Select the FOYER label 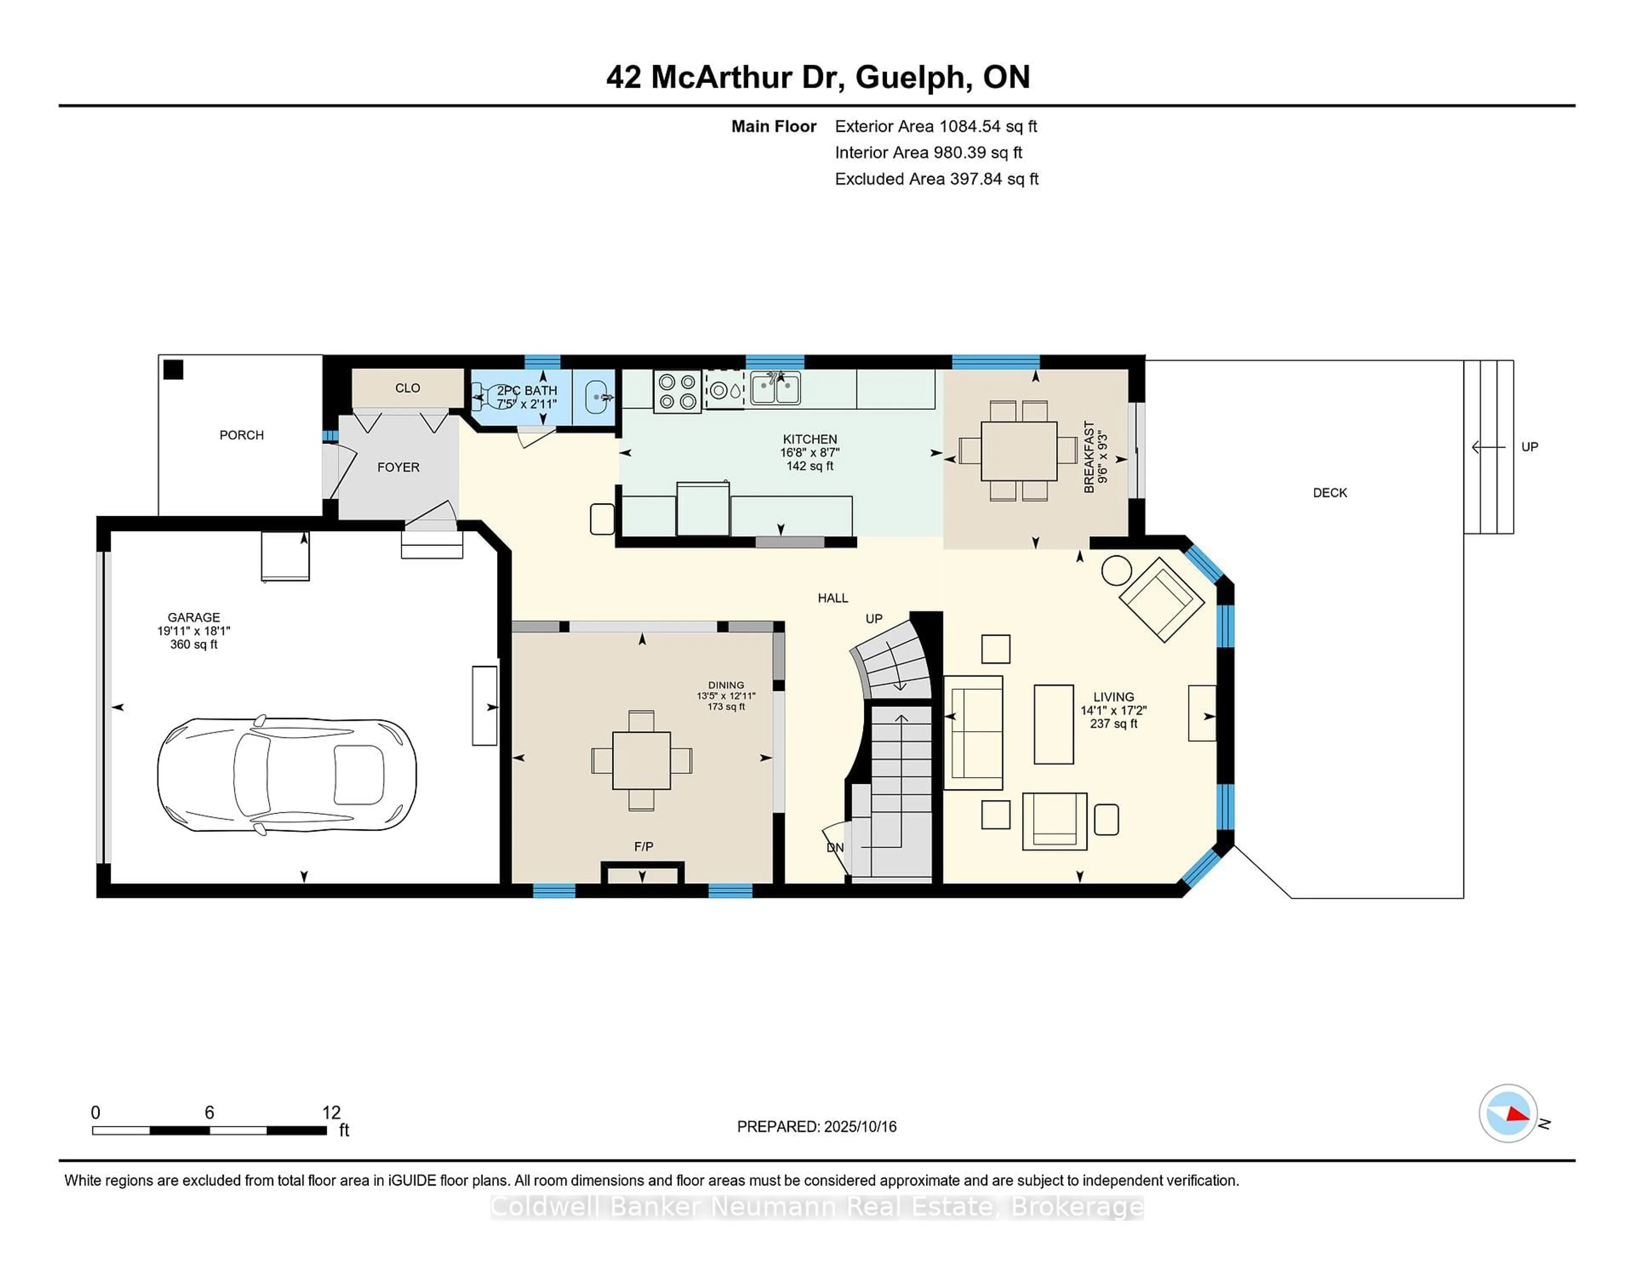[398, 467]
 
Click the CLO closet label [408, 388]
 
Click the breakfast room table [1019, 451]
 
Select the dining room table [641, 760]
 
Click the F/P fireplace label [643, 846]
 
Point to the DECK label [1329, 492]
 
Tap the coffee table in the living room [1054, 723]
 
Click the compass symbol [1508, 1113]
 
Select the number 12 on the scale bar [331, 1113]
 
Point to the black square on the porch [174, 370]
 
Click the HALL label [833, 598]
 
